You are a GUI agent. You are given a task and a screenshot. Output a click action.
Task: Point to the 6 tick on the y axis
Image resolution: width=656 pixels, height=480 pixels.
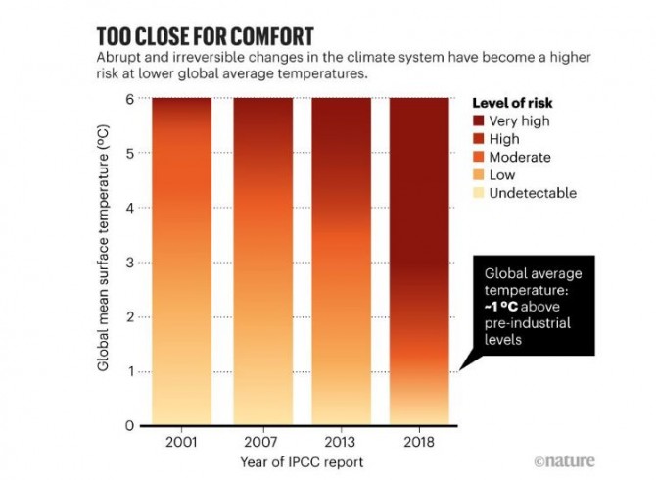(x=128, y=99)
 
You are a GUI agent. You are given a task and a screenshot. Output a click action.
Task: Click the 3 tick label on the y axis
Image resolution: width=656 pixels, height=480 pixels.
(x=128, y=263)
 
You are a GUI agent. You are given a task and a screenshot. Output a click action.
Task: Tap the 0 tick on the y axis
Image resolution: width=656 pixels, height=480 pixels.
(x=128, y=426)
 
